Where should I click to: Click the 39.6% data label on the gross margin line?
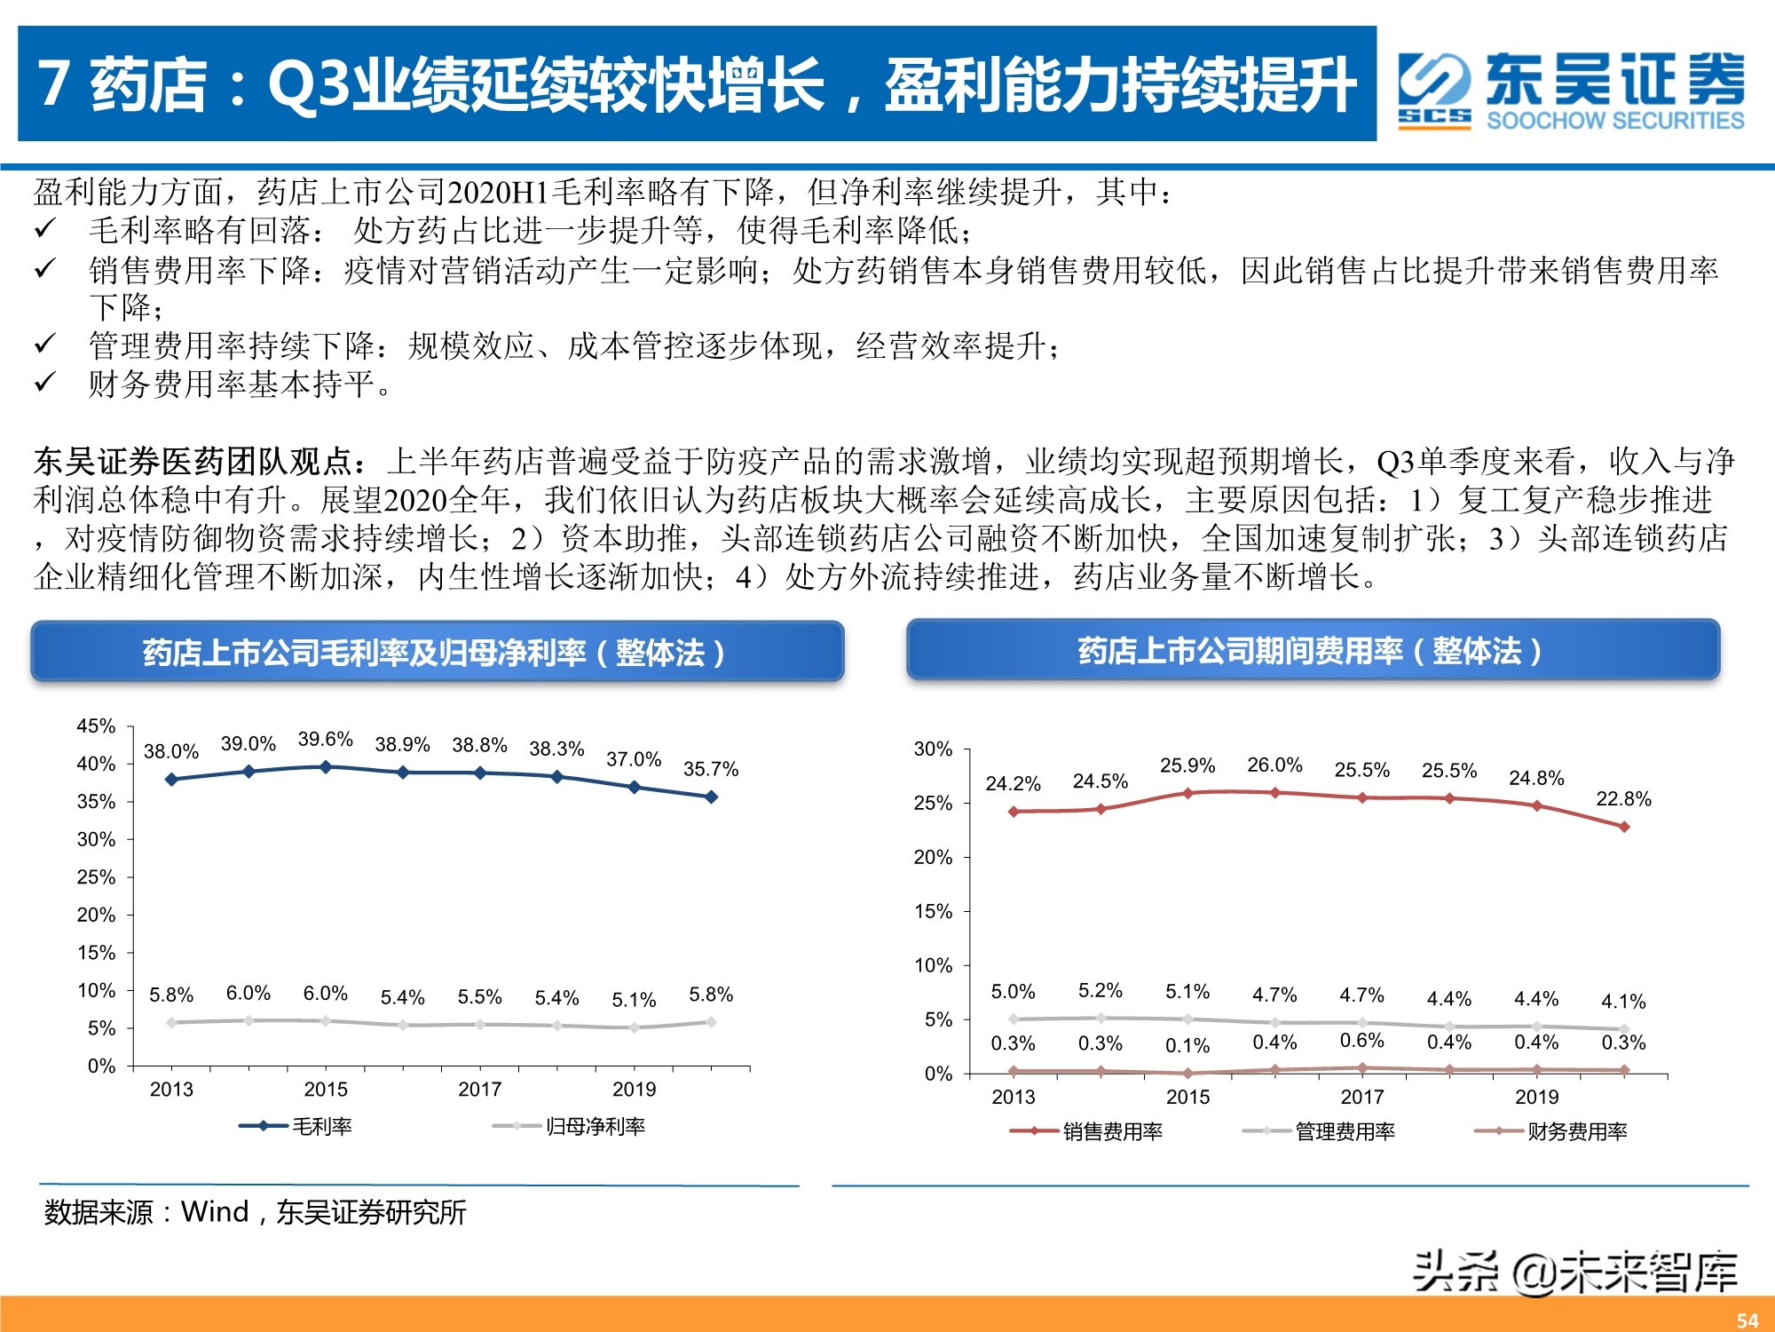coord(326,740)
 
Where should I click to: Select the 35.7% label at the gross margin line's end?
coord(711,769)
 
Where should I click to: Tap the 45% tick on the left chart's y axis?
coord(96,726)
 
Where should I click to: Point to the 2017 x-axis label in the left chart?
coord(480,1090)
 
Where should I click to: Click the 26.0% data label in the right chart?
coord(1274,765)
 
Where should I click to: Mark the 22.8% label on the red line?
coord(1623,799)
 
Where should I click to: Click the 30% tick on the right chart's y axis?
coord(933,749)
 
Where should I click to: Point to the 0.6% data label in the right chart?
coord(1361,1041)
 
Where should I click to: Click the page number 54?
coord(1747,1320)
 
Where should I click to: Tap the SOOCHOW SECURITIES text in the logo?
coord(1615,121)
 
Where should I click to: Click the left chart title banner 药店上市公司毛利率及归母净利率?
coord(437,653)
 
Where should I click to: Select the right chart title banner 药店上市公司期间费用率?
coord(1313,651)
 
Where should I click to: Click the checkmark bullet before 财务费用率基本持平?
coord(45,383)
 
